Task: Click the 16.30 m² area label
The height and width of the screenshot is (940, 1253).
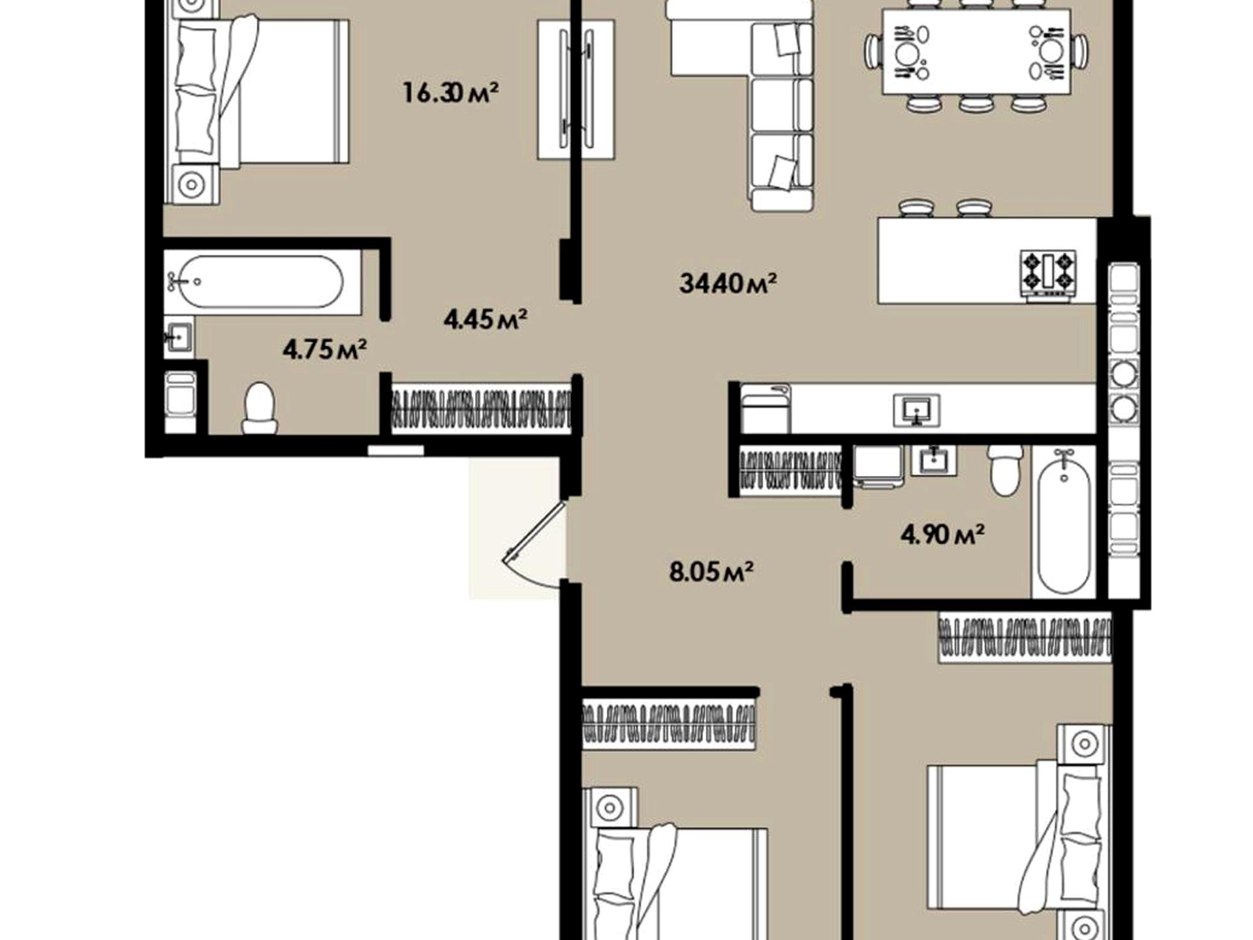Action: click(x=450, y=92)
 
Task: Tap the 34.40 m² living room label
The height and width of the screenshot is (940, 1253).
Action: click(x=728, y=283)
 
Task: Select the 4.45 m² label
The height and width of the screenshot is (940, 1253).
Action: click(x=486, y=319)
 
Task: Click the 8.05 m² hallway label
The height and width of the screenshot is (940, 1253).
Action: click(x=711, y=572)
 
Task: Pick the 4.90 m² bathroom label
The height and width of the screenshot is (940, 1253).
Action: click(x=942, y=535)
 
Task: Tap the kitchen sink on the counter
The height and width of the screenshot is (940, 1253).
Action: click(x=917, y=410)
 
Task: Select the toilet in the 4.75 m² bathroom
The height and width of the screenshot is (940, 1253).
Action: click(x=260, y=408)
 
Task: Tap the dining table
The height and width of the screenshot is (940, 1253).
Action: click(x=976, y=52)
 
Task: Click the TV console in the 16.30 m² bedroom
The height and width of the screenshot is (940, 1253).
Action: click(x=576, y=89)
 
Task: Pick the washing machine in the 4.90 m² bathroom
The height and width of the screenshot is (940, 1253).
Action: click(x=878, y=466)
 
